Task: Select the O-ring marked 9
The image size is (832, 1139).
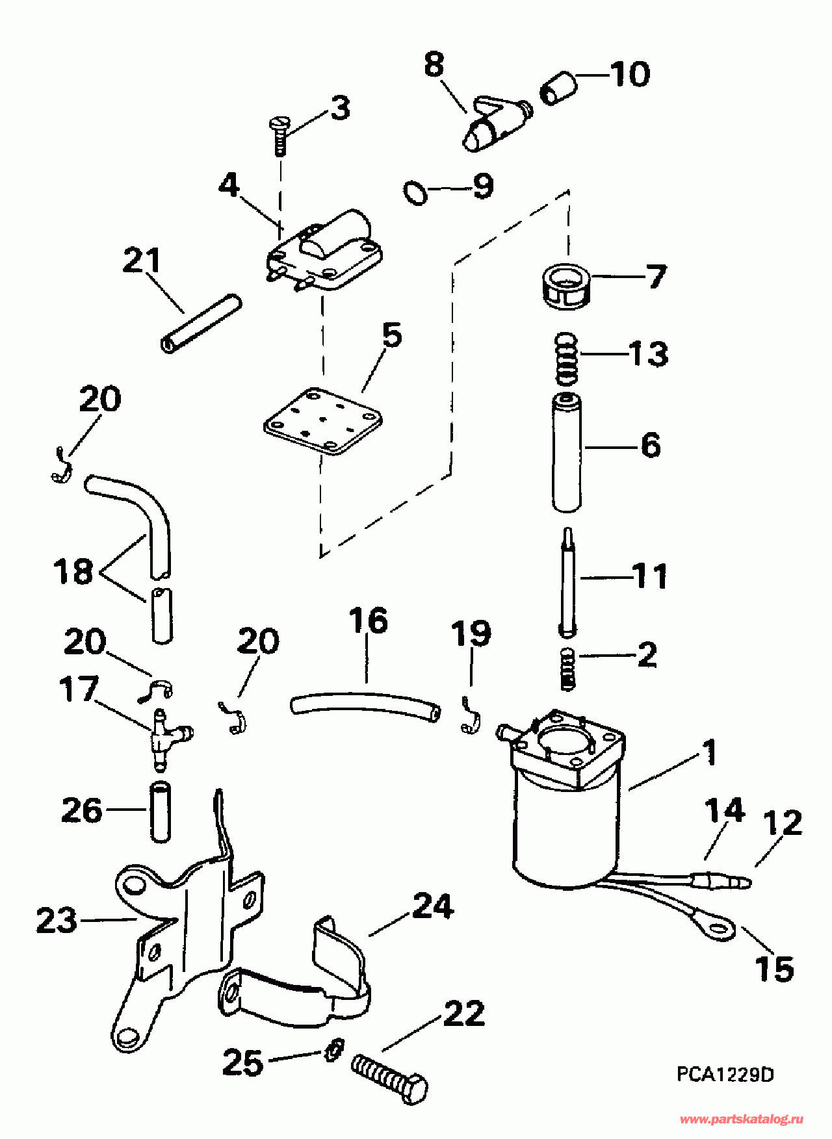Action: (x=414, y=192)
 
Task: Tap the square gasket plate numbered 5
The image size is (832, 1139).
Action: (x=322, y=422)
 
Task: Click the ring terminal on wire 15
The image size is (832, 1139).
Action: (x=719, y=927)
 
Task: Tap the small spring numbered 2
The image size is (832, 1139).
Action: (x=568, y=669)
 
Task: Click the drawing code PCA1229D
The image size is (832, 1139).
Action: (x=725, y=1074)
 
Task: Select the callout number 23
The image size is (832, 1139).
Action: (x=57, y=921)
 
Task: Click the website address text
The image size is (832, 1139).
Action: (x=741, y=1120)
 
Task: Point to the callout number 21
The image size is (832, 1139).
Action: (x=142, y=261)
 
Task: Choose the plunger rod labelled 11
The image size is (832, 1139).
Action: (x=567, y=582)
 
